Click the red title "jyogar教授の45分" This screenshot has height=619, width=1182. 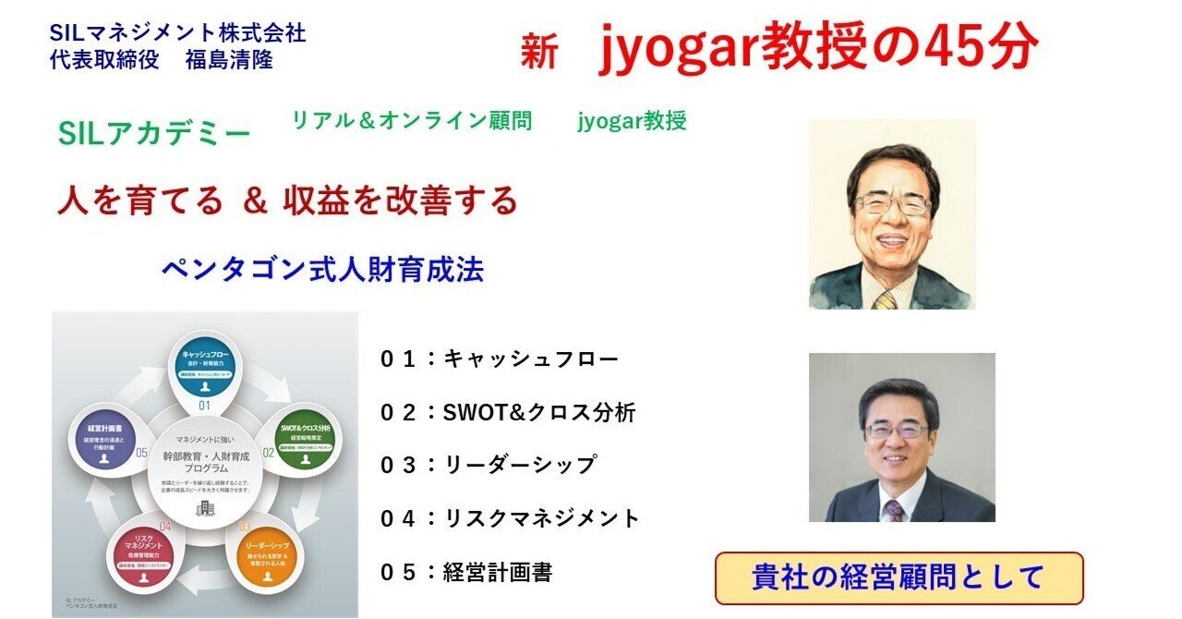[818, 48]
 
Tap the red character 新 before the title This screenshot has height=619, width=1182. [538, 54]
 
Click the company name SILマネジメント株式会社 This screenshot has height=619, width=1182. [179, 34]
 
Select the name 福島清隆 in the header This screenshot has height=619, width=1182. [229, 60]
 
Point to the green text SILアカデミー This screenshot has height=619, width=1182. [154, 135]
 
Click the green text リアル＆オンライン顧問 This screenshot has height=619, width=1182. [412, 121]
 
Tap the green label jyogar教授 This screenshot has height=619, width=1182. [632, 121]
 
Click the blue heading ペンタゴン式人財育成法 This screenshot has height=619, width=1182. [322, 270]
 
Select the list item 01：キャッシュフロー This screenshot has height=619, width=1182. [499, 359]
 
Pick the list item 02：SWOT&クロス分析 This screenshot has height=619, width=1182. [508, 413]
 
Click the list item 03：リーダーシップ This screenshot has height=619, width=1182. [488, 466]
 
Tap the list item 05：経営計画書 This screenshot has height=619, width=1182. [466, 573]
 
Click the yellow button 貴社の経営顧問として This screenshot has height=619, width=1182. [899, 577]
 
